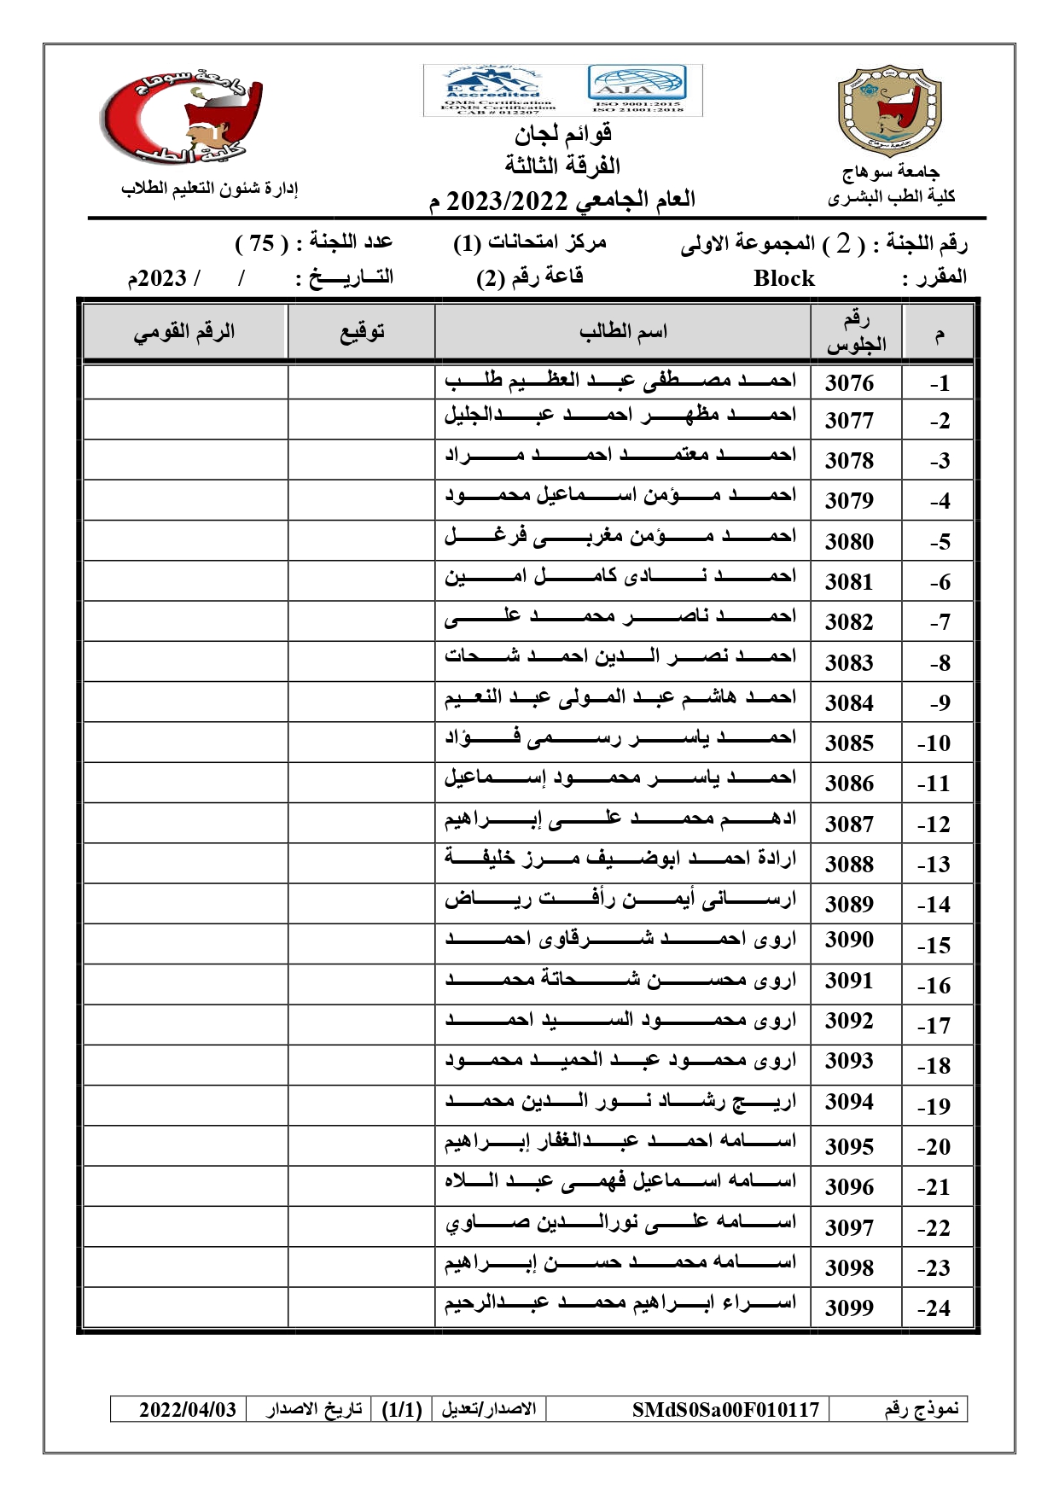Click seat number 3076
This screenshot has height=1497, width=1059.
[x=849, y=383]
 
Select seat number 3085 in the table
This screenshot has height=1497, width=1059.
[x=849, y=743]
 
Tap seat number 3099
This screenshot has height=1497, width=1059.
[x=849, y=1308]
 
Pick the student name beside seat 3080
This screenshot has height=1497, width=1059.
[x=620, y=538]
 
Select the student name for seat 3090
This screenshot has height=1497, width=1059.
[x=620, y=940]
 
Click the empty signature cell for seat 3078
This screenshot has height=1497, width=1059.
[x=361, y=459]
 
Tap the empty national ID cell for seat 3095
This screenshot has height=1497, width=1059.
[x=185, y=1145]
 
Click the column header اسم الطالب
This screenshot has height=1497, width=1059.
[x=623, y=331]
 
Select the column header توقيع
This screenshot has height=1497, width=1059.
[x=362, y=331]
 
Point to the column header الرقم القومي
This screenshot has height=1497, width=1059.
[x=184, y=331]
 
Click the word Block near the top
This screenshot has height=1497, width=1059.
[x=783, y=278]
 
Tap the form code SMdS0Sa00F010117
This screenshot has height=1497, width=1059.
[x=725, y=1409]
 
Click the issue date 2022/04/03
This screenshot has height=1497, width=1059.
[x=188, y=1409]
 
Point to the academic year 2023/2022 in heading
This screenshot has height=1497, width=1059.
[x=507, y=201]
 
